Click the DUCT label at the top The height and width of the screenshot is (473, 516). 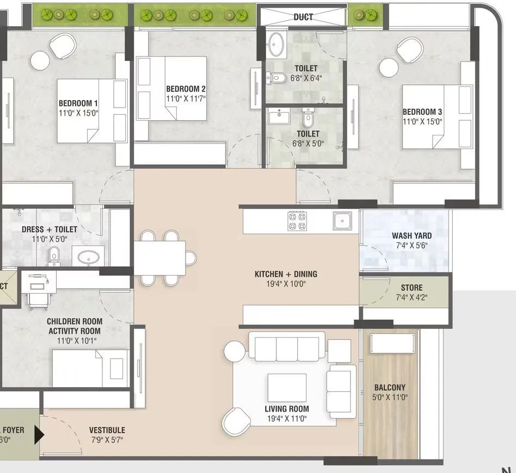[x=303, y=17]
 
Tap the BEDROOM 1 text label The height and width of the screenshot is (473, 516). [x=78, y=103]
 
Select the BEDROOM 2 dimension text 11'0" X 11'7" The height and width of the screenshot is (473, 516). [x=186, y=98]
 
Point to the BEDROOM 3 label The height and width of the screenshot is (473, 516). [x=422, y=112]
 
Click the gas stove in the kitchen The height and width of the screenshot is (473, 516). [x=297, y=220]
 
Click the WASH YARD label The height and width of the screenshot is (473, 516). [x=411, y=236]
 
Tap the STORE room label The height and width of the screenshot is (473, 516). [x=411, y=288]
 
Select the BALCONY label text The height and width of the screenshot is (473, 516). [x=390, y=388]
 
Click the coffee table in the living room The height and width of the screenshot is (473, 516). [x=286, y=387]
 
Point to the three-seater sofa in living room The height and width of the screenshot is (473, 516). [x=287, y=347]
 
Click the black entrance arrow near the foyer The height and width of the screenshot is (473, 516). [x=39, y=434]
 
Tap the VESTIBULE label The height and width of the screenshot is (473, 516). [x=107, y=430]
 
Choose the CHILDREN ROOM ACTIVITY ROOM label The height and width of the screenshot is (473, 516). [x=75, y=326]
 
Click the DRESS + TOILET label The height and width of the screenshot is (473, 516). [x=50, y=229]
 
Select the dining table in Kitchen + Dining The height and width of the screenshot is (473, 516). [x=159, y=258]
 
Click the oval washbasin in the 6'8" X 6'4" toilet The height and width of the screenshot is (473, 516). [x=278, y=45]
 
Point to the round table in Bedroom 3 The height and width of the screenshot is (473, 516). [x=389, y=68]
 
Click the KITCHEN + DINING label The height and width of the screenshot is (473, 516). [x=286, y=274]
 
